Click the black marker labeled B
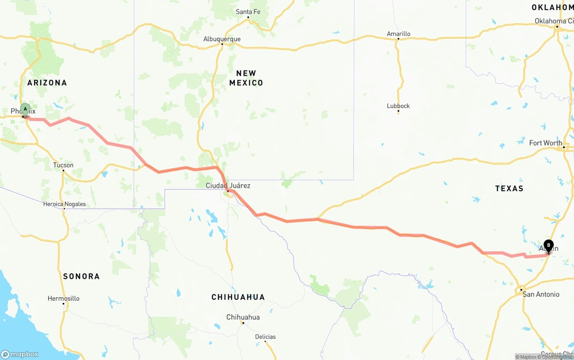548,245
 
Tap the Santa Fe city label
248,12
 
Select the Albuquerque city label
222,39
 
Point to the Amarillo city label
398,34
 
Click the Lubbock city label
398,106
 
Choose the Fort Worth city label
545,143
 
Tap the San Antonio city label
541,294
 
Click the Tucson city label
63,165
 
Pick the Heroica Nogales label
64,204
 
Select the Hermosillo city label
64,298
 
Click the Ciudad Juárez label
228,186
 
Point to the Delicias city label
265,337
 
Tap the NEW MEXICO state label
246,78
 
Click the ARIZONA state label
47,82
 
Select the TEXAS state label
509,188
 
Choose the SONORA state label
81,276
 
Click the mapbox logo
20,354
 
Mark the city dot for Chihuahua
243,323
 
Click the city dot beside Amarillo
398,39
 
